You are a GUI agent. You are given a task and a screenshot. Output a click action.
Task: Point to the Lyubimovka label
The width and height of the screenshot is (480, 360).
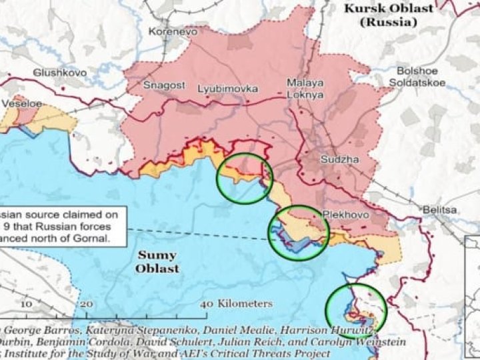[x=227, y=88]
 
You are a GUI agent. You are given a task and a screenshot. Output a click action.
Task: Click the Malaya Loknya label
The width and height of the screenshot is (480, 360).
[x=305, y=89]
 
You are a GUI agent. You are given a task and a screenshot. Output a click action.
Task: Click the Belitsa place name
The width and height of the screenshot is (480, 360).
[x=439, y=210]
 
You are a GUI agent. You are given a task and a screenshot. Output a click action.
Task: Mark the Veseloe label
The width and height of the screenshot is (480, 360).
[x=22, y=104]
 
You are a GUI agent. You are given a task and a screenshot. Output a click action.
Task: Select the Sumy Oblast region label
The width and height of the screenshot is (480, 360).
[x=157, y=261]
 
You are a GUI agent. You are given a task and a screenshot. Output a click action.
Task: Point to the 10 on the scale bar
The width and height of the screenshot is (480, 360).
[x=26, y=304]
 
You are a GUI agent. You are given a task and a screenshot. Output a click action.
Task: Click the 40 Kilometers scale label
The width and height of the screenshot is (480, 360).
[x=236, y=304]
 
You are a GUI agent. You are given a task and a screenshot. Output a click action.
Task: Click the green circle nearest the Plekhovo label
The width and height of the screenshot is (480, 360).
[x=298, y=231]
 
